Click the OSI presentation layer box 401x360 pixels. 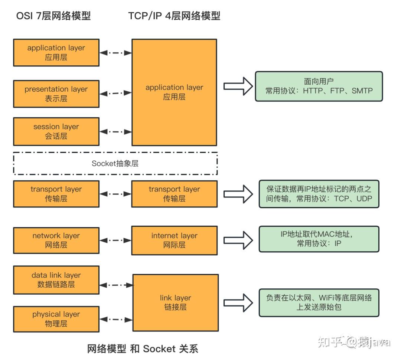coord(56,94)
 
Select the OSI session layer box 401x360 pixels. coord(56,131)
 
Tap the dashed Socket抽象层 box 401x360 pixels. coord(115,163)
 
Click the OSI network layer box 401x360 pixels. coord(56,240)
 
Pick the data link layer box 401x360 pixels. coord(56,280)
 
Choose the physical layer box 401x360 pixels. coord(56,319)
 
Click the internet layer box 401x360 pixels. coord(174,240)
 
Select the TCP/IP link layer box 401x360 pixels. coord(175,302)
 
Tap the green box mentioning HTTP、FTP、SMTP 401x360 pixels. coord(319,86)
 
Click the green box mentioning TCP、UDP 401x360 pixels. coord(319,194)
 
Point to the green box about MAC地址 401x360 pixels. coord(319,239)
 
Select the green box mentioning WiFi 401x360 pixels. coord(319,302)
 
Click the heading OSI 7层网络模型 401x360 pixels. coord(53,16)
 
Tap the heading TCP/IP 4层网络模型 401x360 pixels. coord(174,16)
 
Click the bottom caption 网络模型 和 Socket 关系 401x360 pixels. coord(143,348)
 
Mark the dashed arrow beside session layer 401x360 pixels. coord(116,132)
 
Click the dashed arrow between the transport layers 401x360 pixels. coord(116,194)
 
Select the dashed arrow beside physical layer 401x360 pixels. coord(116,319)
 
